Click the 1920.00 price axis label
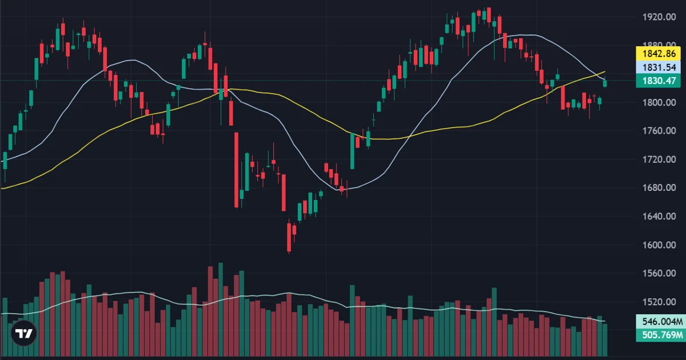coord(659,17)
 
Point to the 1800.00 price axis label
coord(659,102)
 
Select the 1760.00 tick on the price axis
coord(659,131)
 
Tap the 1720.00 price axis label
coord(659,159)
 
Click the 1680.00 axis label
coord(659,187)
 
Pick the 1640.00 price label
coord(659,217)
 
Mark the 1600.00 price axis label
coord(659,245)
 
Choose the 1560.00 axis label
coord(659,273)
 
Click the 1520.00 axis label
coord(659,302)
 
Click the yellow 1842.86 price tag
coord(659,54)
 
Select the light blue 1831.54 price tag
coord(659,67)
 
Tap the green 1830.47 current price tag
coord(659,81)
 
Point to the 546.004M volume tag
coord(661,321)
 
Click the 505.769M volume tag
coord(661,335)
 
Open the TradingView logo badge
coord(24,333)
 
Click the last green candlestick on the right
coord(605,83)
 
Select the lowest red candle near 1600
coord(289,237)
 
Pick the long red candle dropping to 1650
coord(237,170)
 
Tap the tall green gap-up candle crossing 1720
coord(352,151)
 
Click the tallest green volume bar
coord(221,310)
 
